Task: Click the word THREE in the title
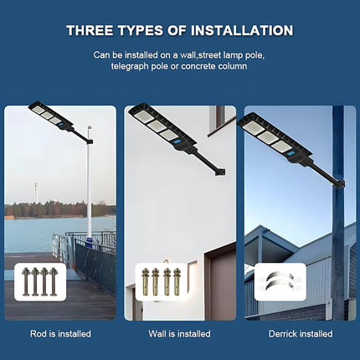[x=90, y=31]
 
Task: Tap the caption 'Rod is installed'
[x=61, y=333]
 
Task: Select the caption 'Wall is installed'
[x=180, y=333]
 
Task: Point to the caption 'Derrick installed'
[x=299, y=333]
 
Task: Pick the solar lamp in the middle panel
[x=159, y=124]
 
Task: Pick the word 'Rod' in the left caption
[x=39, y=333]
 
